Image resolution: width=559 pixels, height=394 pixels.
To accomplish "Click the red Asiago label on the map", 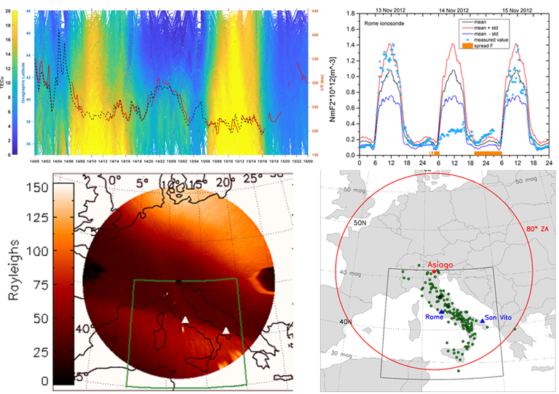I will pyautogui.click(x=443, y=265).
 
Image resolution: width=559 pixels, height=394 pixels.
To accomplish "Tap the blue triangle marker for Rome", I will pyautogui.click(x=442, y=311).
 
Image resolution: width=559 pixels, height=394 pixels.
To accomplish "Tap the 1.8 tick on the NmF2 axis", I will pyautogui.click(x=352, y=13).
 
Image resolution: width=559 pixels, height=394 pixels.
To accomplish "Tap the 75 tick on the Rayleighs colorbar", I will pyautogui.click(x=43, y=284).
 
